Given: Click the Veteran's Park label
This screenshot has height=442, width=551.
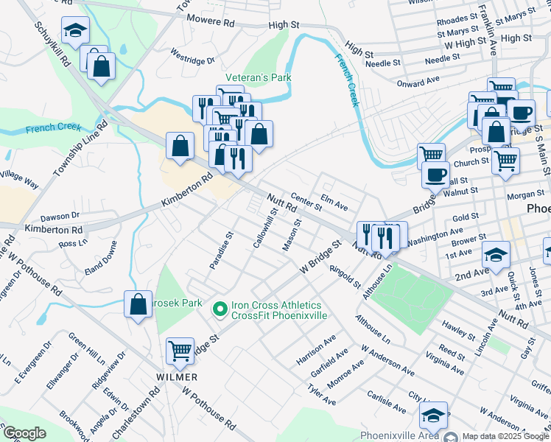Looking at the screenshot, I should [258, 77].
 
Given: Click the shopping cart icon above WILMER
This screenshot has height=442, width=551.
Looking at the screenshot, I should [180, 351].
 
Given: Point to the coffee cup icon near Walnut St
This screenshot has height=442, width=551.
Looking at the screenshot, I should [435, 175].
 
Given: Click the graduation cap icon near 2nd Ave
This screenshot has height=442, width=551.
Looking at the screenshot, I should [496, 255].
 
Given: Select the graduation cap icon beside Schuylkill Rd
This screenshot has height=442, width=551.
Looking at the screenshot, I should [74, 30].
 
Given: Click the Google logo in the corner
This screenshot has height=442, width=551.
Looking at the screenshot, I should [24, 433].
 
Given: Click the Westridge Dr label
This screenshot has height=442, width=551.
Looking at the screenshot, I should [192, 56].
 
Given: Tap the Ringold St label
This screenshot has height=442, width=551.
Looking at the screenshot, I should [345, 277].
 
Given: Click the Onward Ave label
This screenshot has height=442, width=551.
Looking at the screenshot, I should [418, 80].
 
